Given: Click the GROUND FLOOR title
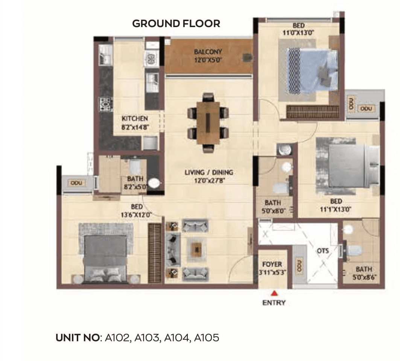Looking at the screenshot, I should (176, 23).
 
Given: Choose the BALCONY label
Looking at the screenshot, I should (208, 52).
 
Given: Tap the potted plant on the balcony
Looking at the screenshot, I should (246, 58).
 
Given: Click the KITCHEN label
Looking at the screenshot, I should (134, 118).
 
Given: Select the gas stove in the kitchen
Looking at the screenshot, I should (105, 104).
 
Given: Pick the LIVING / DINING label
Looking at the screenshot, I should (208, 172).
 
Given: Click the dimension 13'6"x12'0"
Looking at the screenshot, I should (136, 215).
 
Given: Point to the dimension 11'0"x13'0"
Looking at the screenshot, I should (298, 33).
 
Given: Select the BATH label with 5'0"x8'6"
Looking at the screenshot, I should (363, 270).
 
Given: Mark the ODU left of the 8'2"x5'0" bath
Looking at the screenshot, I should (76, 183).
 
